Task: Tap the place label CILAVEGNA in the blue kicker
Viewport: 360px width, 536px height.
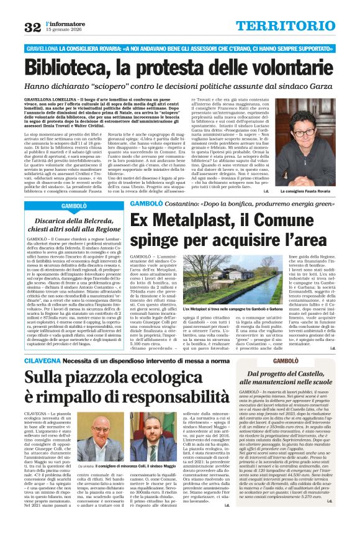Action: click(x=44, y=361)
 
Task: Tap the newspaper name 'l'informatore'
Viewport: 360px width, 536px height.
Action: click(x=67, y=23)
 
